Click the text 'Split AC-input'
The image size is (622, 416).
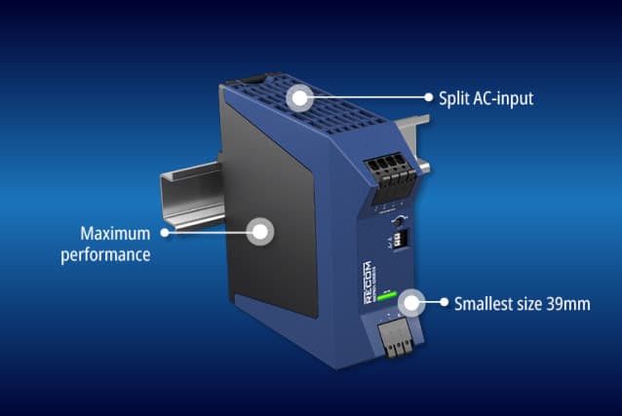(485, 97)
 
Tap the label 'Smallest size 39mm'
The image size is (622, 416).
(523, 303)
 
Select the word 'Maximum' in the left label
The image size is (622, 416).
(116, 234)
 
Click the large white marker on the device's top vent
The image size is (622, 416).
(300, 97)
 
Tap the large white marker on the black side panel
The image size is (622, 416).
(259, 232)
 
